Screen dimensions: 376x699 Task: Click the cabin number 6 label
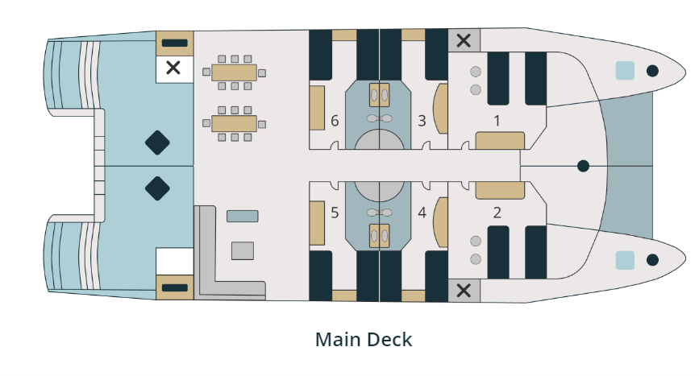(x=335, y=122)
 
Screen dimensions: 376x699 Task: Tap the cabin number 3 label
(x=422, y=122)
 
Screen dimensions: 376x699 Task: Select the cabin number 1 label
(x=497, y=122)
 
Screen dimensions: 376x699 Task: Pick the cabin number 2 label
(x=497, y=213)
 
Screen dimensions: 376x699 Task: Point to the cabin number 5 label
(x=335, y=213)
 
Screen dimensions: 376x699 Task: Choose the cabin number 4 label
(x=422, y=213)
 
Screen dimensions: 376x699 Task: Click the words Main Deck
(x=364, y=340)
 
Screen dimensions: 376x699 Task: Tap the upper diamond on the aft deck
(x=157, y=143)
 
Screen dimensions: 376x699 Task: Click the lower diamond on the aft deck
(x=157, y=189)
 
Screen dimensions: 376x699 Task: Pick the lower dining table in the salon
(x=235, y=124)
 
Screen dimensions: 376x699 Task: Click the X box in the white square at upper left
(x=173, y=68)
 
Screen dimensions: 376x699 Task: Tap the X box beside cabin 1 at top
(x=464, y=40)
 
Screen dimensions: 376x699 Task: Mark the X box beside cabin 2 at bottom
(x=464, y=291)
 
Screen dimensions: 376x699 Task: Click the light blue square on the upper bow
(x=625, y=70)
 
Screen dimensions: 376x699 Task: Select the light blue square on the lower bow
(x=625, y=260)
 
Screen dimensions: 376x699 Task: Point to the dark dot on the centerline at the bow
(x=583, y=166)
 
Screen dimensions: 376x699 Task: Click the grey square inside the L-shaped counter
(x=243, y=250)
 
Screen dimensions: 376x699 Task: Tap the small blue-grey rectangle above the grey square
(x=242, y=216)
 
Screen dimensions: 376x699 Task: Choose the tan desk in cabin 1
(x=501, y=141)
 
